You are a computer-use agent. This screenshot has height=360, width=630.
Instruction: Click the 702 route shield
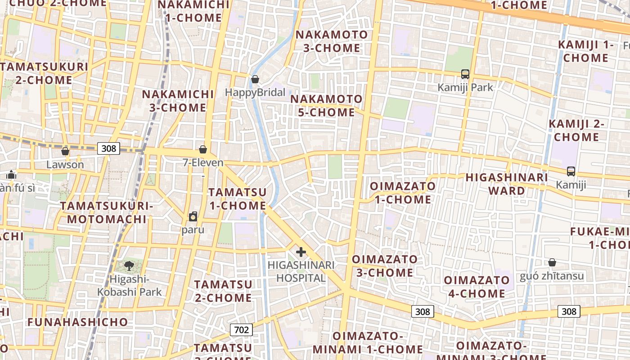[x=241, y=330]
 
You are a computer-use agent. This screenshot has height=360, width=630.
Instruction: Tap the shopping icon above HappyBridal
[x=255, y=80]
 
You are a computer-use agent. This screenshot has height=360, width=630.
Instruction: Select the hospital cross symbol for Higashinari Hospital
[x=301, y=252]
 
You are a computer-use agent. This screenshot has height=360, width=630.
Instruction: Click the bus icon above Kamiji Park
[x=465, y=74]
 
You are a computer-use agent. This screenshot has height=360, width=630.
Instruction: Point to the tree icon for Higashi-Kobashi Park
[x=129, y=265]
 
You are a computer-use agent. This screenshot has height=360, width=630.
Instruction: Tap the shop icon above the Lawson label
[x=65, y=151]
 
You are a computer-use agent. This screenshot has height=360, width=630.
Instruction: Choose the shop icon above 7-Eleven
[x=203, y=149]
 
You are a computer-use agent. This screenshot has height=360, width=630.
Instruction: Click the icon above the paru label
[x=193, y=216]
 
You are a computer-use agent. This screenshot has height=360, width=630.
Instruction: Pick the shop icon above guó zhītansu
[x=552, y=262]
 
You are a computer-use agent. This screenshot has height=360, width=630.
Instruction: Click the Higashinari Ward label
[x=507, y=184]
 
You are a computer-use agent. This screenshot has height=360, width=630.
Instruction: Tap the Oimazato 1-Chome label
[x=403, y=193]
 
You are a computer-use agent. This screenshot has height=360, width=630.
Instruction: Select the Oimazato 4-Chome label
[x=477, y=287]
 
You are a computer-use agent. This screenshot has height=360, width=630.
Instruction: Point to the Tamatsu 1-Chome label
[x=238, y=198]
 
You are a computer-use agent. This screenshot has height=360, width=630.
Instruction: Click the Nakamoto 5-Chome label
[x=327, y=105]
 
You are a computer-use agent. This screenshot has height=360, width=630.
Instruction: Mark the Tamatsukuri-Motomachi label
[x=107, y=212]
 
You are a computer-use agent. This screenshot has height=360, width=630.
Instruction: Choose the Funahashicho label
[x=77, y=322]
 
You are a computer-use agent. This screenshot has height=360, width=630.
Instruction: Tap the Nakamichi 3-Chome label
[x=178, y=101]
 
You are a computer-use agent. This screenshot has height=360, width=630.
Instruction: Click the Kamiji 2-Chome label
[x=576, y=130]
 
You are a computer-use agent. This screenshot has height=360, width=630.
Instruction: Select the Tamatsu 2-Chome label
[x=223, y=291]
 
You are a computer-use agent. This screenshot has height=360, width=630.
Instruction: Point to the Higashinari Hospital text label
[x=301, y=271]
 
